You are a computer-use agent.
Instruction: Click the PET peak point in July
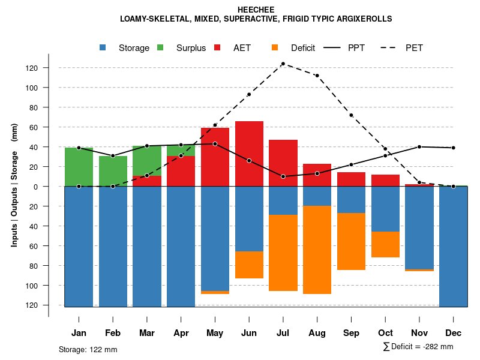pos(283,64)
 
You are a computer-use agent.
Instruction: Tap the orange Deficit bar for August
pos(317,250)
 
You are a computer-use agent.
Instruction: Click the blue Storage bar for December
pos(453,247)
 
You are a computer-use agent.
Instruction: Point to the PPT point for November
pos(419,146)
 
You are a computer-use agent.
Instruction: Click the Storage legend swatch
pos(103,48)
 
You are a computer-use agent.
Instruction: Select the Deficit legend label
pos(303,48)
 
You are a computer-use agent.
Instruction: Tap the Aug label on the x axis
pos(317,333)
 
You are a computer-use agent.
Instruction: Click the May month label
pos(215,333)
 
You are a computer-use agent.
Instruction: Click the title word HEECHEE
pos(256,10)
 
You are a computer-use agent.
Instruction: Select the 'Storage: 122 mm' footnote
pos(88,349)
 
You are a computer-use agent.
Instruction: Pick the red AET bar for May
pos(215,157)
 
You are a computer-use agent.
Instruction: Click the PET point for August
pos(317,76)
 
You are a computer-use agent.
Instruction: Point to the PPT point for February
pos(113,156)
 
